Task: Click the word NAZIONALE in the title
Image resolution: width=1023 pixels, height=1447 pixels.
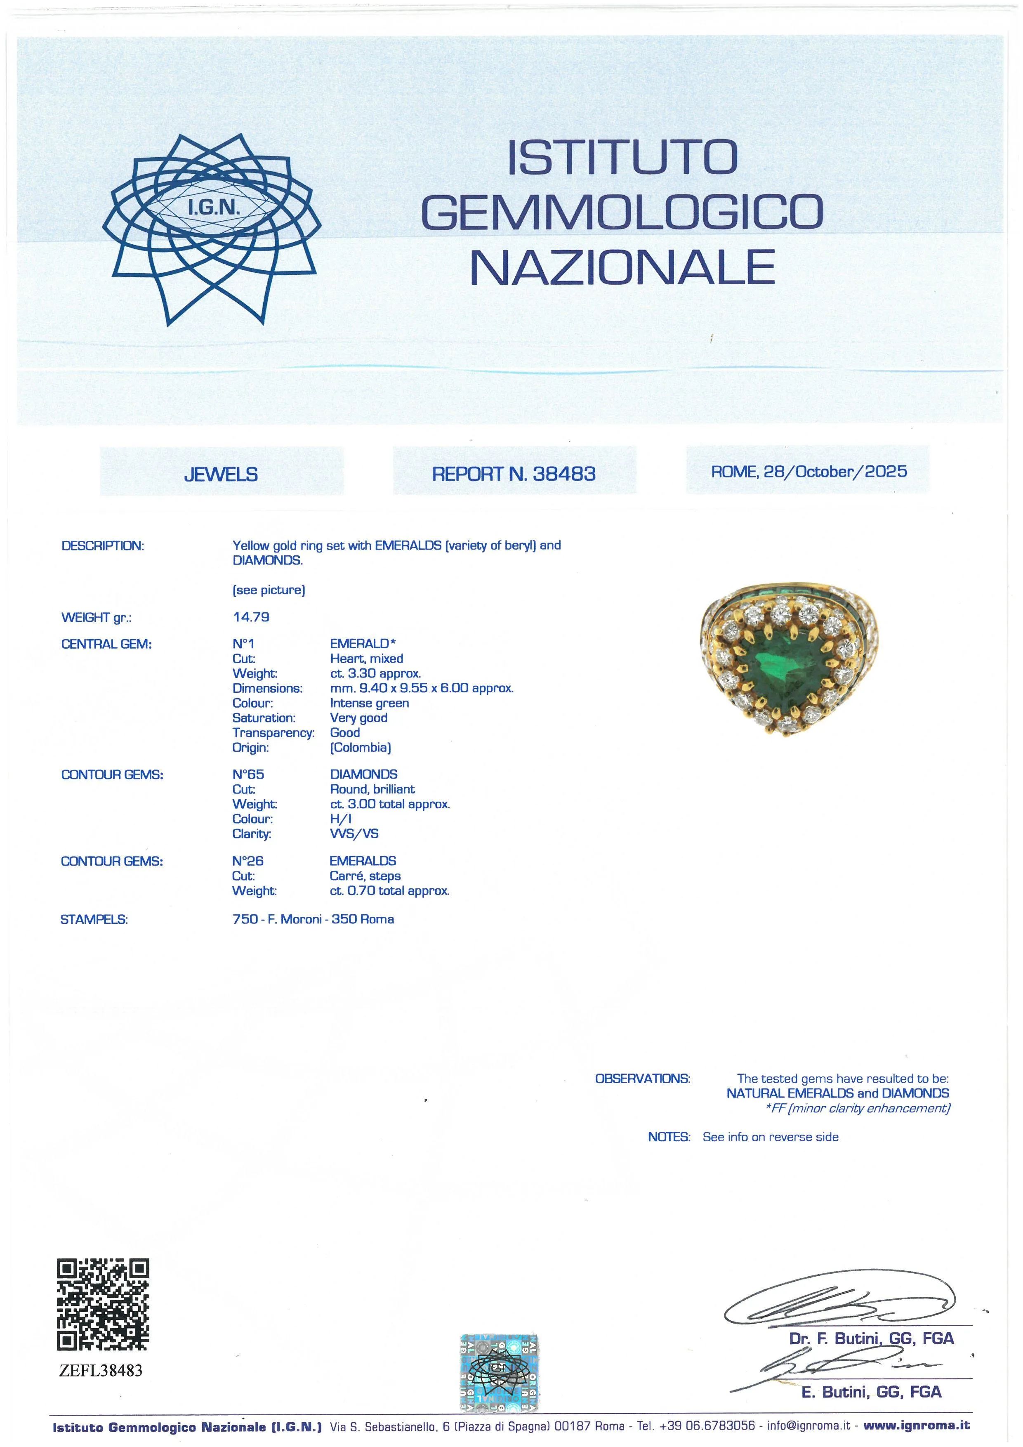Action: pos(622,267)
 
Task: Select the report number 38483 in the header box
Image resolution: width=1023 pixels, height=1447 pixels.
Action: pos(564,474)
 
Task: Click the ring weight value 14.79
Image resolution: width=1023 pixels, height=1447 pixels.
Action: pos(251,617)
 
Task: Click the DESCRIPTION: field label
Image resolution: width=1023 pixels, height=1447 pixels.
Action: pos(103,546)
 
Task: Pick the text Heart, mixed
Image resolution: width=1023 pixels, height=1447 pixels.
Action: pos(367,659)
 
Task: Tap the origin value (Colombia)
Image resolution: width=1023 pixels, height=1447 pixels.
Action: pos(360,748)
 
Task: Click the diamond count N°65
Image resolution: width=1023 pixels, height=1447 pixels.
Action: pos(248,774)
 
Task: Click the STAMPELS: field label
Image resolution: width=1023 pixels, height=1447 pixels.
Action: pos(94,920)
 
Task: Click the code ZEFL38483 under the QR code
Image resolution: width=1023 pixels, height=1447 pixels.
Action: pos(101,1371)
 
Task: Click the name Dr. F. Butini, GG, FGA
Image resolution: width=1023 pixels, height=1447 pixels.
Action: pos(871,1338)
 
